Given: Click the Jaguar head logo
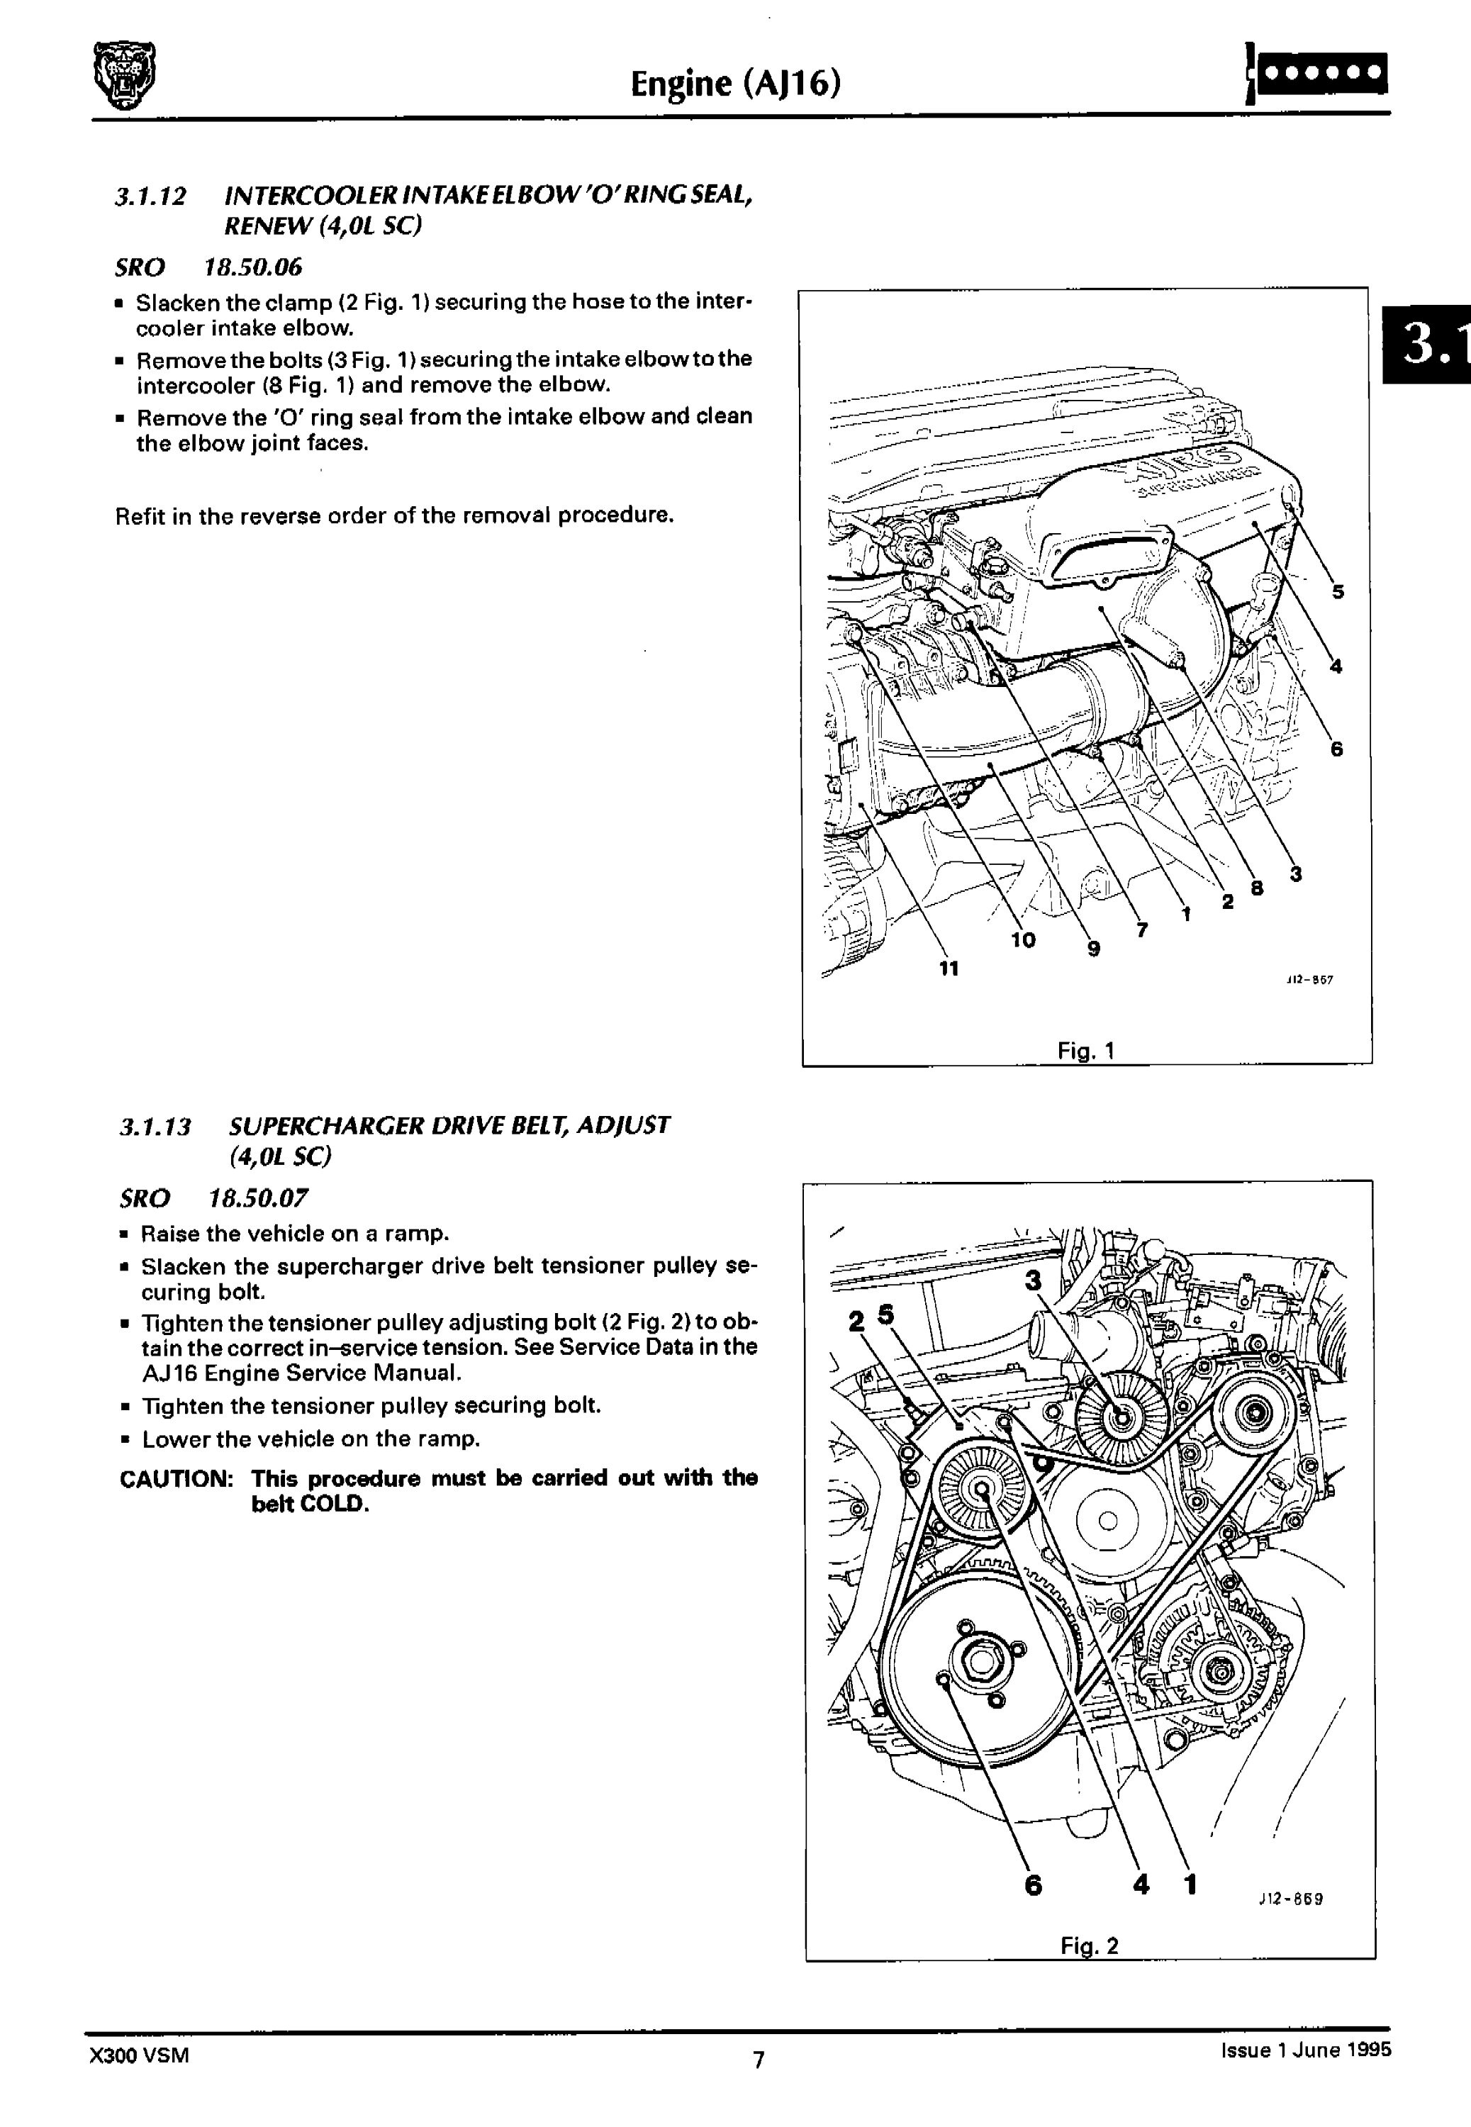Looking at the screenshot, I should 126,77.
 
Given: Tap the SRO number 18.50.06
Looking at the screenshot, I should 252,267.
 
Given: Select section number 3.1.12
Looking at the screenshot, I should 150,196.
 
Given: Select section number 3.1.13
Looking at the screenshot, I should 155,1126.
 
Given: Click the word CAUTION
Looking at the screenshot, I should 175,1478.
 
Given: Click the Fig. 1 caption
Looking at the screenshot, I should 1086,1050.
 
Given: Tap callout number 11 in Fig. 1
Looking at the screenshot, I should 949,968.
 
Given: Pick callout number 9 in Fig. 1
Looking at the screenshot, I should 1093,949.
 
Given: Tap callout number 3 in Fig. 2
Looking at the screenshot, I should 1033,1280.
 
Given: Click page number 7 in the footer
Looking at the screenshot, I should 759,2059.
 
